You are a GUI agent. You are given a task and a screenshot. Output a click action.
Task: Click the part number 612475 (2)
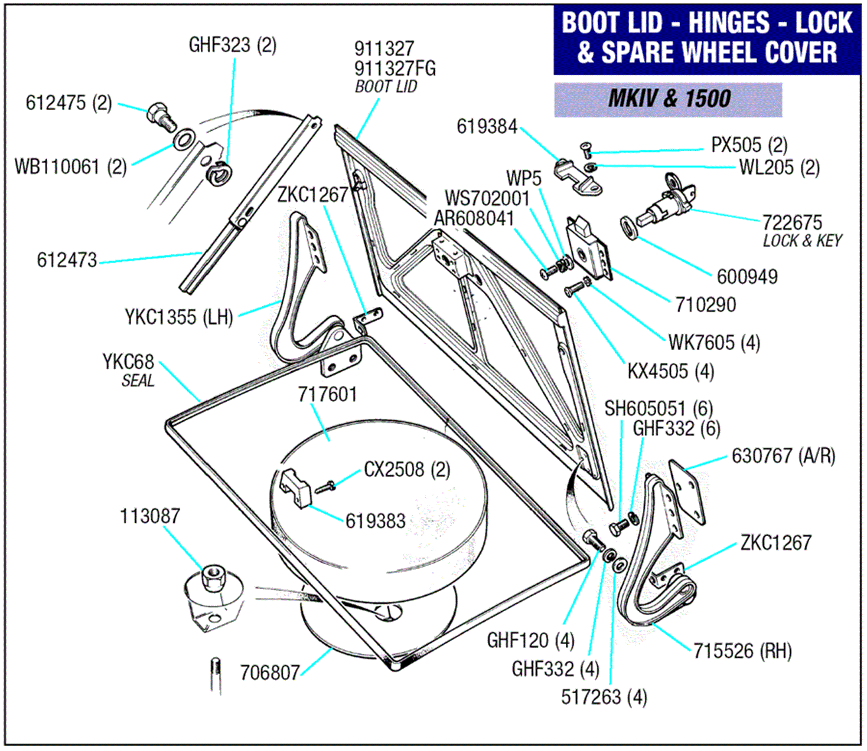click(x=68, y=103)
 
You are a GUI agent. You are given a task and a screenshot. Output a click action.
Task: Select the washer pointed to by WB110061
click(x=184, y=139)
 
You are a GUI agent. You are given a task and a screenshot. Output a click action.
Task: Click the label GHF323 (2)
click(x=232, y=45)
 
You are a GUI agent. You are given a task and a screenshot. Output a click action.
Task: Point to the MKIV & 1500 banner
click(x=668, y=99)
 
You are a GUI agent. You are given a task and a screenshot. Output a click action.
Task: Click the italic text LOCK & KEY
click(x=802, y=241)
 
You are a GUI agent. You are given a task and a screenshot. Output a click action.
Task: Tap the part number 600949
click(x=747, y=277)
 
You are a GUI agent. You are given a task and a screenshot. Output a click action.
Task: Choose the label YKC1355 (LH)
click(x=179, y=317)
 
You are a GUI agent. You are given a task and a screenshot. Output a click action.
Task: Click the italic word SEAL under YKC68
click(x=138, y=381)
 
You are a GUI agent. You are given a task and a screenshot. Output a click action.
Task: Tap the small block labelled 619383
click(x=295, y=489)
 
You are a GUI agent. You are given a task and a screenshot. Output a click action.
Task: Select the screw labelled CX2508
click(x=325, y=488)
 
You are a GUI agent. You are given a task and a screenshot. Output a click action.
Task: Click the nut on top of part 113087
click(x=212, y=577)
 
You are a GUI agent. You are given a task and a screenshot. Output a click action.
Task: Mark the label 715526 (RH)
click(x=743, y=651)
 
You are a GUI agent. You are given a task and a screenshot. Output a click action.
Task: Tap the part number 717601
click(x=327, y=395)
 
